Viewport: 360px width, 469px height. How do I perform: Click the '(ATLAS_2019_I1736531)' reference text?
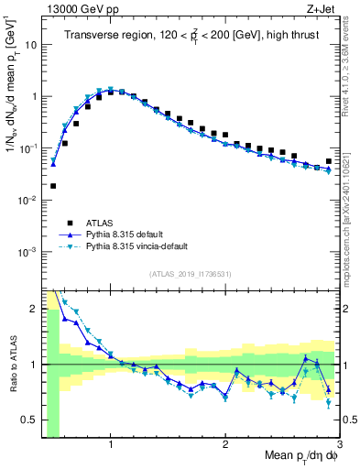(x=191, y=273)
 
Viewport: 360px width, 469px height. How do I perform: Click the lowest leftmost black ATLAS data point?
(x=53, y=186)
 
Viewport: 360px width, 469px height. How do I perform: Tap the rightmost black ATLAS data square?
(x=329, y=161)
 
